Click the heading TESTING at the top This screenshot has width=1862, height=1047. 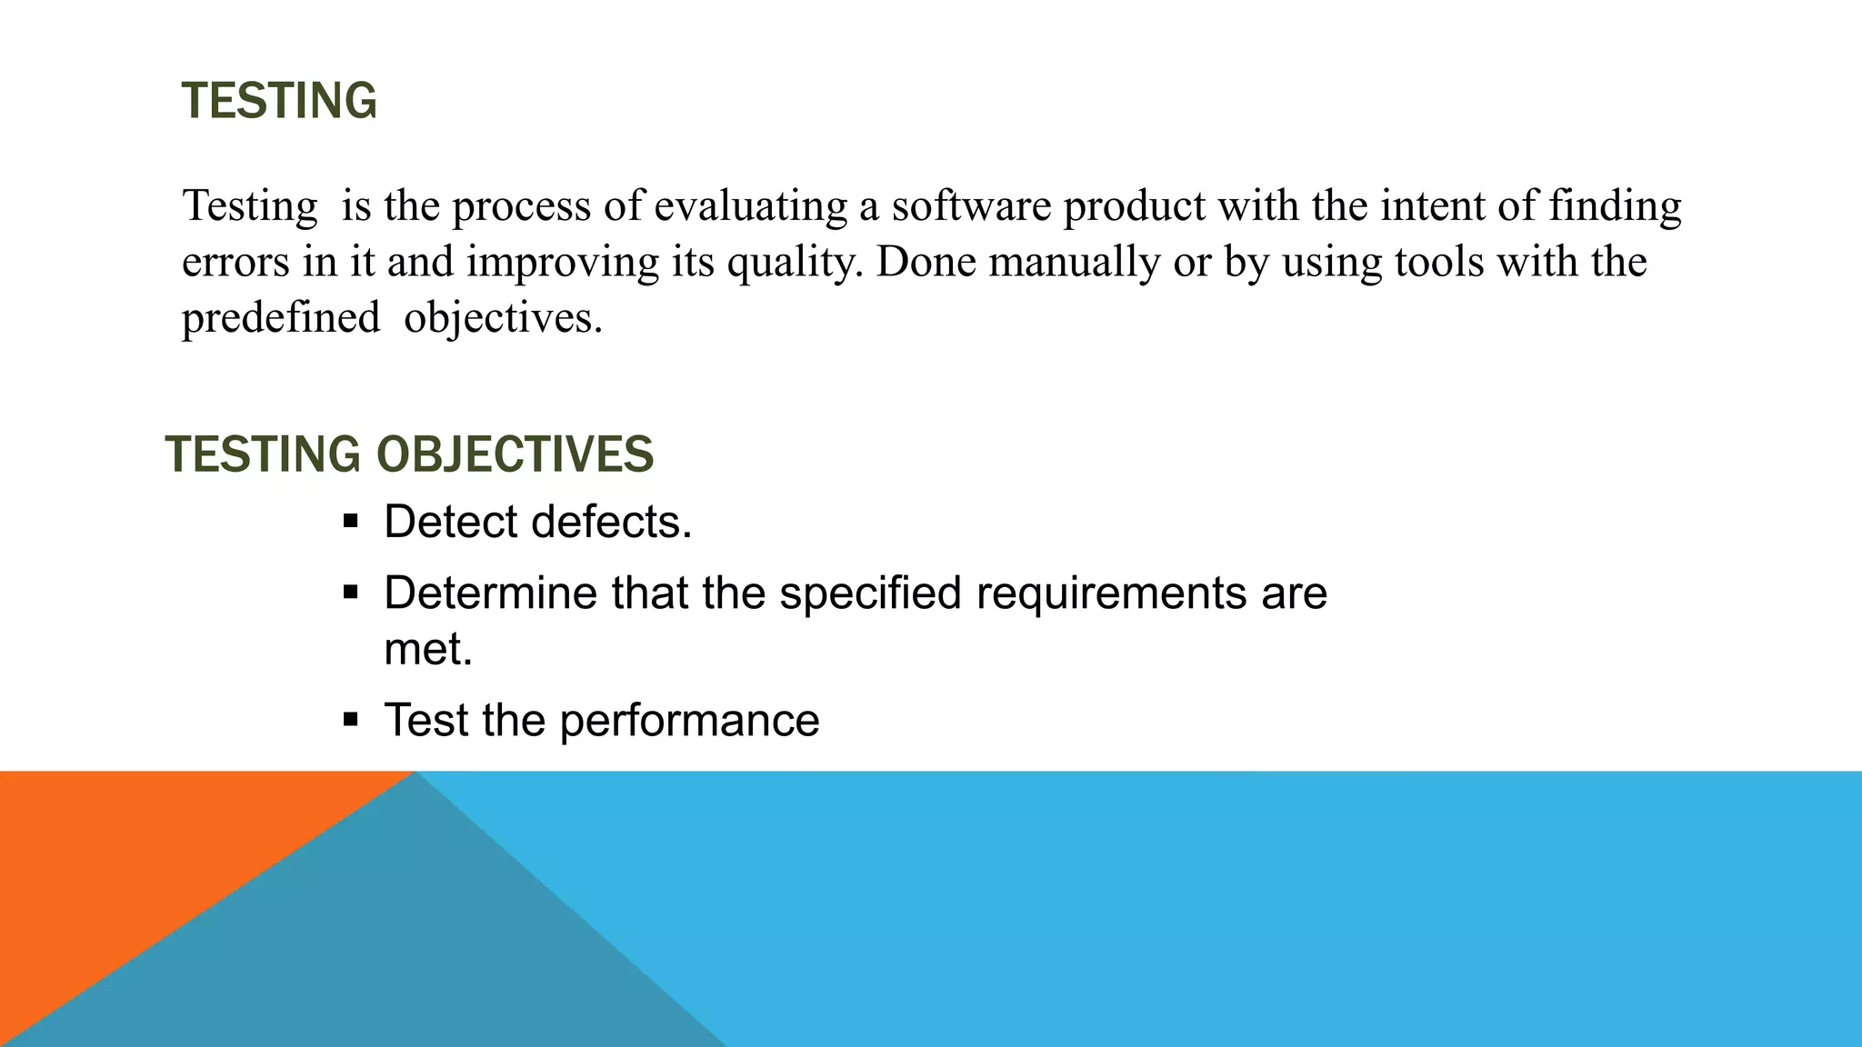click(279, 101)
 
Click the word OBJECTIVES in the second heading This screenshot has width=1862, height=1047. click(515, 454)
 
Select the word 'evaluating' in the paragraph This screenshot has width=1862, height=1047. click(751, 206)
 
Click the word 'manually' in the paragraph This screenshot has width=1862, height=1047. click(1074, 263)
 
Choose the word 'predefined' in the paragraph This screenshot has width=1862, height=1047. click(281, 318)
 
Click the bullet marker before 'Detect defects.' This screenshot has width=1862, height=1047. click(351, 523)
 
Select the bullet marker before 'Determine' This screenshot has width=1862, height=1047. click(351, 593)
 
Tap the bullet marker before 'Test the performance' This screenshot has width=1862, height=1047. click(351, 721)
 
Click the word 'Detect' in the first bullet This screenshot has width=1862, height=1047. click(451, 523)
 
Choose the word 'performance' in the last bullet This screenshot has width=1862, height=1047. click(689, 721)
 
